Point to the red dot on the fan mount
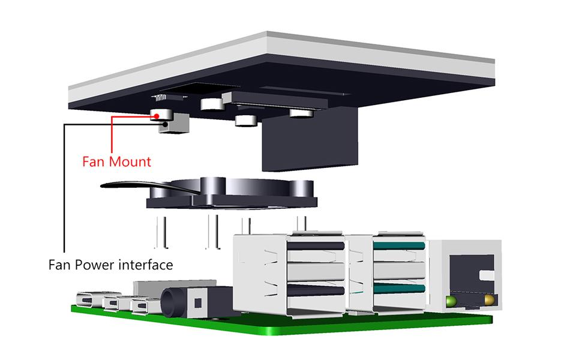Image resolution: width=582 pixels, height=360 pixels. (157, 115)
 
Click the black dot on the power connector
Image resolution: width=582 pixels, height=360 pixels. (165, 124)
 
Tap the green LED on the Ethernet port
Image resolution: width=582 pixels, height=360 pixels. (452, 299)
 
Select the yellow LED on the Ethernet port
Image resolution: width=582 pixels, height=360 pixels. (489, 299)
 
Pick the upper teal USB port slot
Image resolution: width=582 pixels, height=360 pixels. (399, 245)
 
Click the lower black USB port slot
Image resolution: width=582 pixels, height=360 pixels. (316, 290)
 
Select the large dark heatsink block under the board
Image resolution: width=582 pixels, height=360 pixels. (310, 141)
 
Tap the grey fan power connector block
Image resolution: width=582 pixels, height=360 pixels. (174, 125)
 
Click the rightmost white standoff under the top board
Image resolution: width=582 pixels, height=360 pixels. (301, 113)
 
